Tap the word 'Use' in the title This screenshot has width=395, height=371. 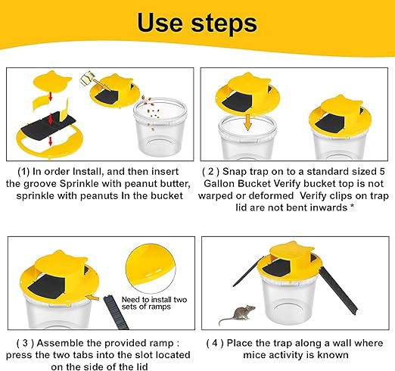pos(160,23)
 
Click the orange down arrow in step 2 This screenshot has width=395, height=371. pos(248,122)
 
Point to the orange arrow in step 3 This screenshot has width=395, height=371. pos(92,298)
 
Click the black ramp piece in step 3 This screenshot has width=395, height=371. pos(116,312)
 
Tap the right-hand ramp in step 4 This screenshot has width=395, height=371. pos(338,290)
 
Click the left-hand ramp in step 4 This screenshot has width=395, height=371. pos(248,271)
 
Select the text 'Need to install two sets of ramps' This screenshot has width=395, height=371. pos(154,303)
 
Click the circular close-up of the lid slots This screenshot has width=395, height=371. pos(151,268)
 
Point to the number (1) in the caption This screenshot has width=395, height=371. pos(23,172)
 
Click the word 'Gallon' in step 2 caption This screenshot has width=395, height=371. pos(219,183)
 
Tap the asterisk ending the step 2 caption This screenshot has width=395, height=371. pos(352,207)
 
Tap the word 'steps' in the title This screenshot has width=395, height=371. pos(224,24)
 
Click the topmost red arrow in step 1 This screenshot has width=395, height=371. pos(51,95)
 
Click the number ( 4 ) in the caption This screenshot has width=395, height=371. pos(215,343)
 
